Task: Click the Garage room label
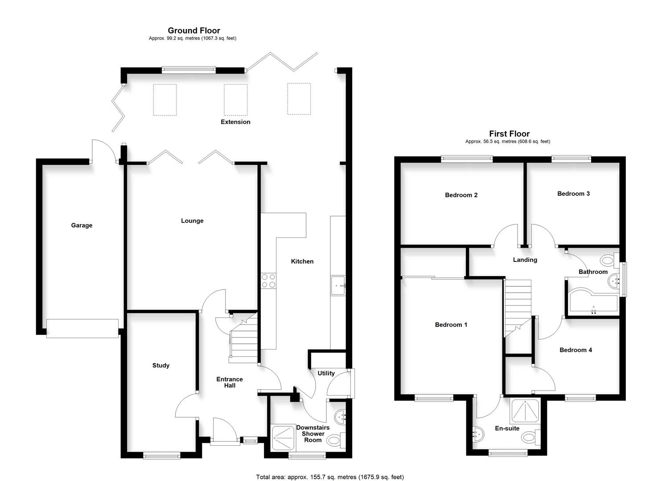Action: pyautogui.click(x=82, y=225)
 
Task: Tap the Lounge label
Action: pyautogui.click(x=192, y=220)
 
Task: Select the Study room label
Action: pyautogui.click(x=161, y=365)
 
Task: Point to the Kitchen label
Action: pyautogui.click(x=302, y=261)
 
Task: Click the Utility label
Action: pyautogui.click(x=326, y=373)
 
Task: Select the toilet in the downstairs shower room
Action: pyautogui.click(x=334, y=440)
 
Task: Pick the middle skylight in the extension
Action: pyautogui.click(x=235, y=100)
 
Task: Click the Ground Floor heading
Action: pyautogui.click(x=194, y=30)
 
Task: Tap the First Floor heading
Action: pyautogui.click(x=509, y=134)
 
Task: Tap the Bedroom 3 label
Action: pyautogui.click(x=573, y=194)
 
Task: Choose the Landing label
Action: pyautogui.click(x=525, y=260)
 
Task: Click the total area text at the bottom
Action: pyautogui.click(x=330, y=477)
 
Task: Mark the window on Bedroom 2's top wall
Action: pyautogui.click(x=467, y=158)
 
